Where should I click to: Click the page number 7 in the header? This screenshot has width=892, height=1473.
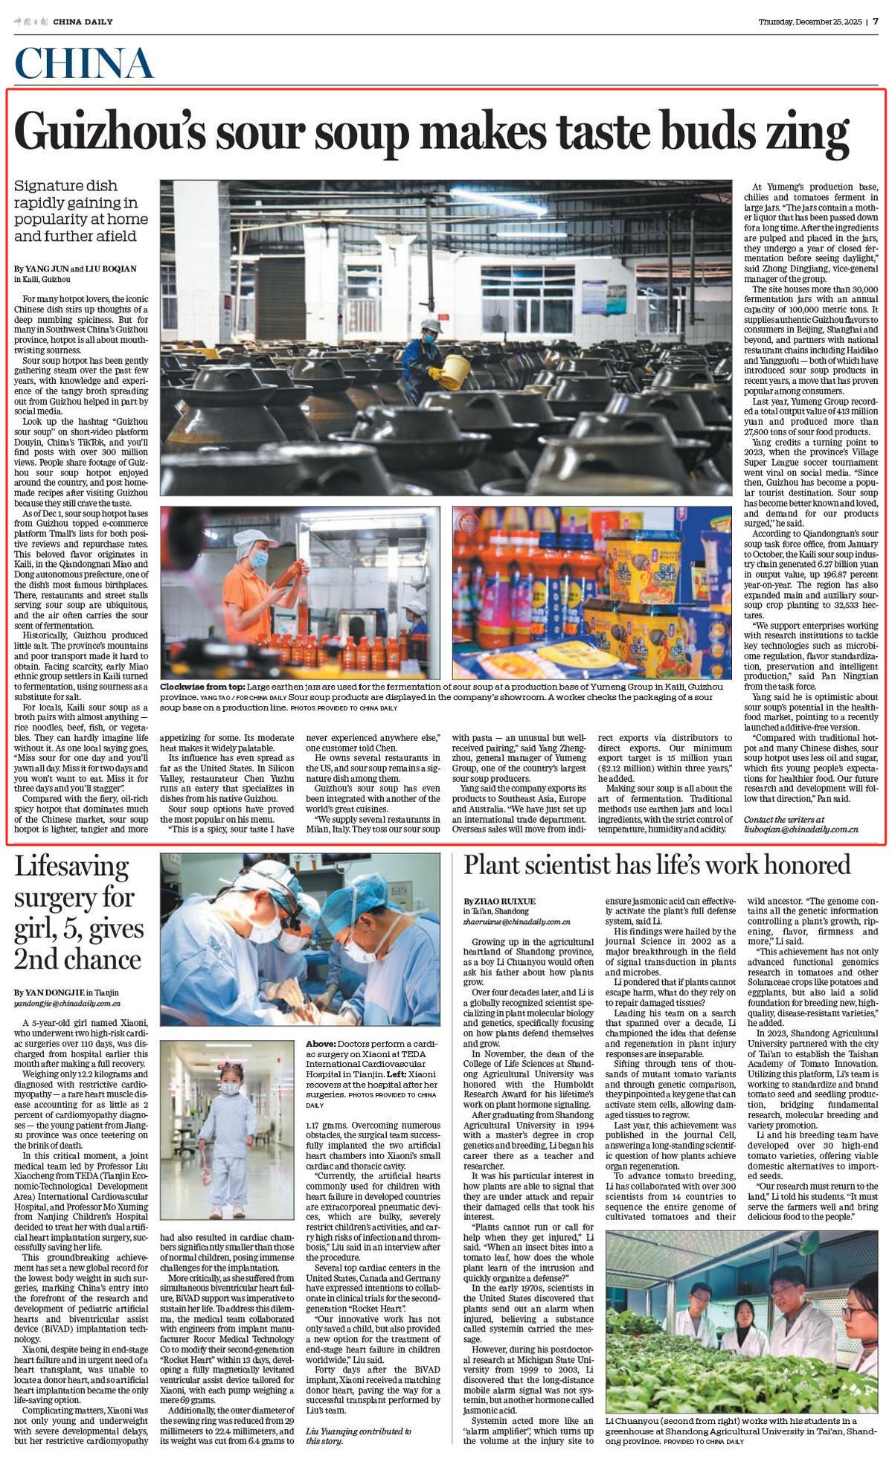point(876,22)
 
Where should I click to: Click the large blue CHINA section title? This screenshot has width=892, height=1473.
point(83,63)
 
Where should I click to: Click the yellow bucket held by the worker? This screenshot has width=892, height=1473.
point(455,371)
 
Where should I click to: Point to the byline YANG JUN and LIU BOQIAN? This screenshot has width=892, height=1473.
point(75,269)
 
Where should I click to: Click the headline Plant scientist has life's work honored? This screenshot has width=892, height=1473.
point(657,865)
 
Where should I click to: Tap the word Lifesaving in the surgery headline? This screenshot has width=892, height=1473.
point(71,867)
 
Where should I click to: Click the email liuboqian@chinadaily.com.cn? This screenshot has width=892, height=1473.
point(800,829)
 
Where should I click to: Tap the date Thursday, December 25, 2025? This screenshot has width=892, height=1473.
point(809,22)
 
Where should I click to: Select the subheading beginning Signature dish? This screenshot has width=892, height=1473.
point(80,211)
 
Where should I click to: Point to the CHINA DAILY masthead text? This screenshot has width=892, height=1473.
point(83,22)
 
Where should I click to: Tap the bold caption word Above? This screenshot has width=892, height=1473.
point(321,1044)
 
